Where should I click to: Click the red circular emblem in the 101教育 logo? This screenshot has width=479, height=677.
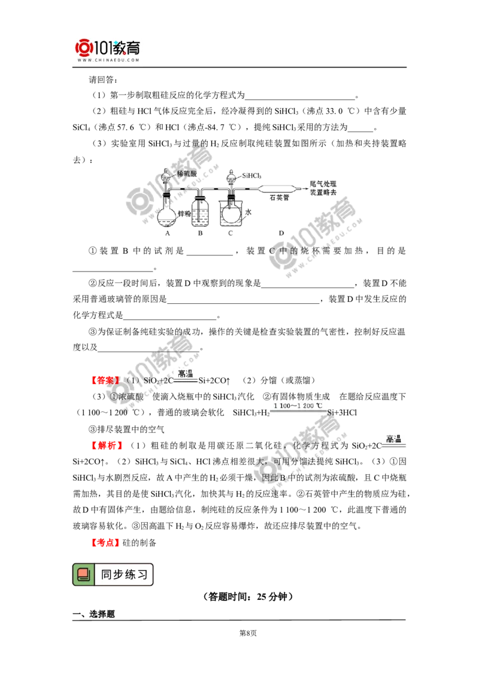pyautogui.click(x=84, y=48)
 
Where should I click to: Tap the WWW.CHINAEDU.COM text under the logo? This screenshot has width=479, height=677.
pyautogui.click(x=108, y=61)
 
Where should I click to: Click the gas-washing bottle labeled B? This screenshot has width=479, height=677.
pyautogui.click(x=201, y=214)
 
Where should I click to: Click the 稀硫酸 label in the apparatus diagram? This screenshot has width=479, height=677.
pyautogui.click(x=186, y=173)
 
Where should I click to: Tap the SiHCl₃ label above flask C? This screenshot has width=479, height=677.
pyautogui.click(x=253, y=175)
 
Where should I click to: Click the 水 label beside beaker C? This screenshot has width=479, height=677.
pyautogui.click(x=250, y=212)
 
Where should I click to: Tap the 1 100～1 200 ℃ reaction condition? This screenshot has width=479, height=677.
pyautogui.click(x=298, y=406)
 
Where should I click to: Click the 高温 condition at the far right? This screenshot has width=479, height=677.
pyautogui.click(x=393, y=440)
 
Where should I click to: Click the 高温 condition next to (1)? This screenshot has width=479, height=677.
pyautogui.click(x=186, y=374)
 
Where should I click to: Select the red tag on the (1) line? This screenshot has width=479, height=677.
pyautogui.click(x=105, y=380)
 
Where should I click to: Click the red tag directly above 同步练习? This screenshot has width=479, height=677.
pyautogui.click(x=105, y=542)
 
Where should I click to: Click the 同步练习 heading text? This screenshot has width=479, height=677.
pyautogui.click(x=124, y=575)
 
